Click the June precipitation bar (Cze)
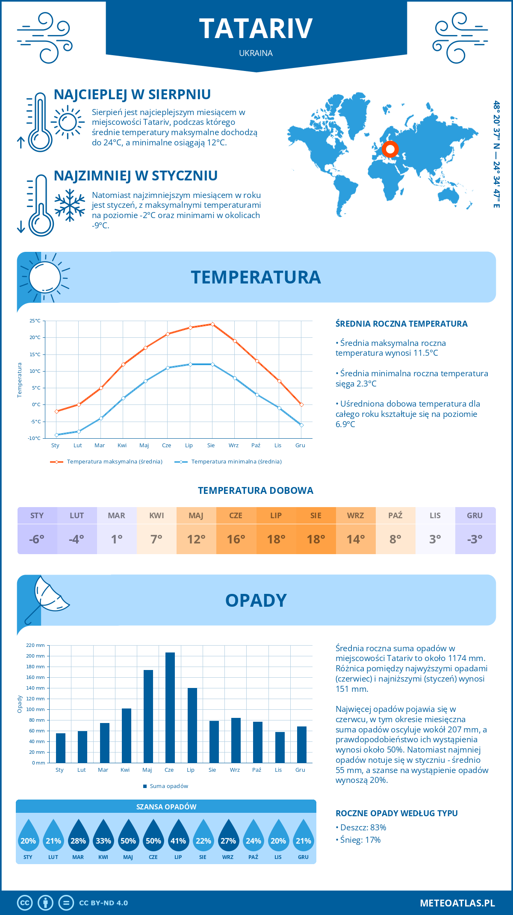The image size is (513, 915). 170,708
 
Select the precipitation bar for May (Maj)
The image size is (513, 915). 148,716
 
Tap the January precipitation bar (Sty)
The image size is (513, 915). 61,748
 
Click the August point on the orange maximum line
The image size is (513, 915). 212,324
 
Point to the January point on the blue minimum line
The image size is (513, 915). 56,435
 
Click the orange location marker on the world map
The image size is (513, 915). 390,149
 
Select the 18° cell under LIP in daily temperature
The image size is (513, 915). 276,539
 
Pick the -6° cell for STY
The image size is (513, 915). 37,539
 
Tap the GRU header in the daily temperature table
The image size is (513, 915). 475,515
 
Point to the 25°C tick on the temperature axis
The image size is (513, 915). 35,321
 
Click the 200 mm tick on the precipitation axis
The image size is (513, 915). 35,656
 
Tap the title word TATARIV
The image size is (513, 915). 256,29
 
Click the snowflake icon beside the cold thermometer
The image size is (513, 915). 70,205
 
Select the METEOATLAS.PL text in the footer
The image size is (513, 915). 457,903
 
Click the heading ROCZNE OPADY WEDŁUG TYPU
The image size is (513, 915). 396,813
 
